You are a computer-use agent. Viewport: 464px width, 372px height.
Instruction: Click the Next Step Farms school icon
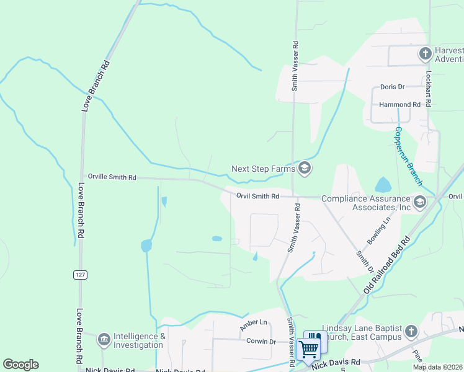pyautogui.click(x=305, y=168)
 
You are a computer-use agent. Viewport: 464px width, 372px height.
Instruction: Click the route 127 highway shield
pyautogui.click(x=80, y=275)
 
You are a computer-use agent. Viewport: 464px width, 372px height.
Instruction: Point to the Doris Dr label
pyautogui.click(x=392, y=87)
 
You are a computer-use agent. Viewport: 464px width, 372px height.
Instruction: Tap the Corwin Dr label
pyautogui.click(x=261, y=341)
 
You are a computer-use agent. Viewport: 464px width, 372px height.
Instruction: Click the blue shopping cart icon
pyautogui.click(x=308, y=350)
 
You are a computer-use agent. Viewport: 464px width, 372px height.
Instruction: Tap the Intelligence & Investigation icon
pyautogui.click(x=104, y=339)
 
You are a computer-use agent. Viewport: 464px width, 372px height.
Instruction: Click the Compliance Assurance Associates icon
pyautogui.click(x=420, y=201)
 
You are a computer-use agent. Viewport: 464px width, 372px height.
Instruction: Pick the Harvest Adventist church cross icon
pyautogui.click(x=426, y=53)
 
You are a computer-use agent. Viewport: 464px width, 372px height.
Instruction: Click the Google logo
pyautogui.click(x=20, y=365)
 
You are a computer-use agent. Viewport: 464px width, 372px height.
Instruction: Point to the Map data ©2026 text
pyautogui.click(x=437, y=367)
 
